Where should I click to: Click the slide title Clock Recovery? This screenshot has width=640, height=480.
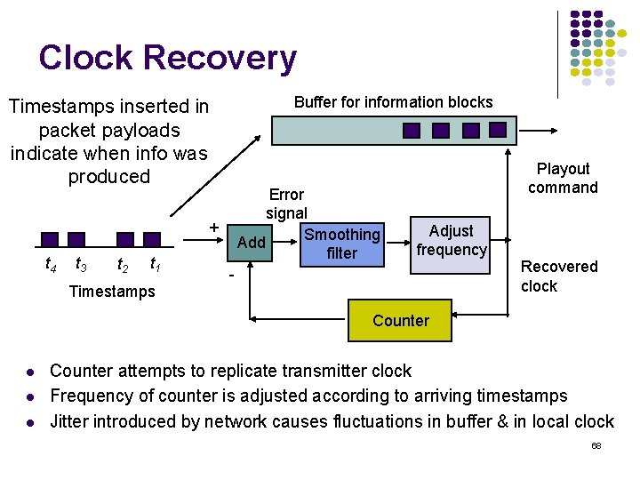pos(167,58)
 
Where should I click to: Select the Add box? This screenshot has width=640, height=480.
pos(252,243)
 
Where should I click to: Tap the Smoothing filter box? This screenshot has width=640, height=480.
pos(342,244)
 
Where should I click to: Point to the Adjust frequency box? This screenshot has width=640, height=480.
pos(451,240)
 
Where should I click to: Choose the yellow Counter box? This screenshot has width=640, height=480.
pos(400,321)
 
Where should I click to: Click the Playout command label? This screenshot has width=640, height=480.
pos(563,178)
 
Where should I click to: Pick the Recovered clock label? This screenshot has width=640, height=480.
pos(558,276)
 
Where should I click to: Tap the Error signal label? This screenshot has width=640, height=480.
pos(286,204)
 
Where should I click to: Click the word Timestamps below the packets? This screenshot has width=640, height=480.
pos(111,291)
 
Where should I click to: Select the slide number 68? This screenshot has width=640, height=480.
pos(596,445)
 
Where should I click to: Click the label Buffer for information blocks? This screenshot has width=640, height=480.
pos(393,102)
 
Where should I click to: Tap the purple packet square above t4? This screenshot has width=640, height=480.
pos(50,239)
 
